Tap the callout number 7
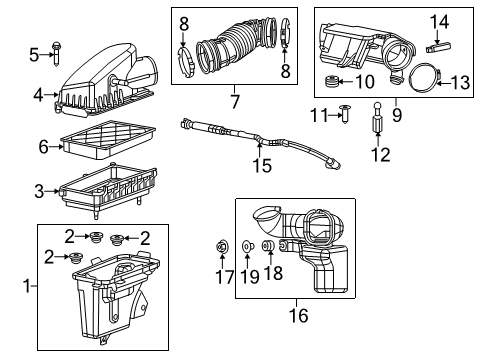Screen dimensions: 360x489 tap(234, 101)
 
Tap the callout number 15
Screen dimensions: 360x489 tap(261, 166)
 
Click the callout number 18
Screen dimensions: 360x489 tap(266, 272)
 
